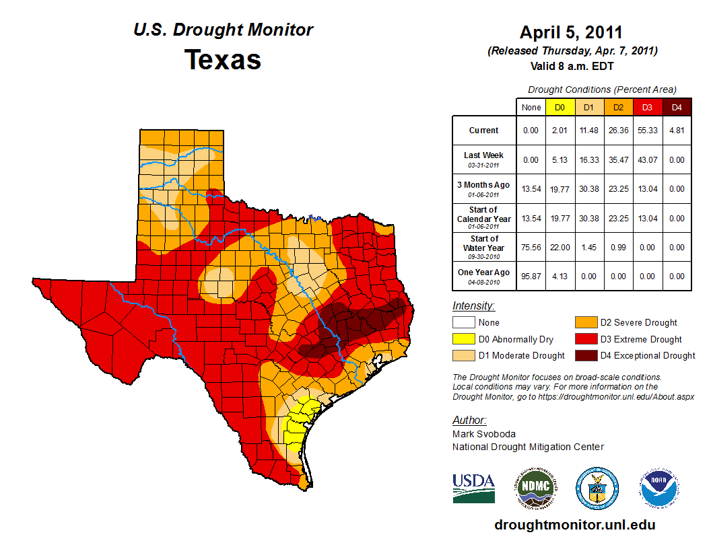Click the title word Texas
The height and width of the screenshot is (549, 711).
pyautogui.click(x=223, y=60)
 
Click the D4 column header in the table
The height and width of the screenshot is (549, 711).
pyautogui.click(x=677, y=107)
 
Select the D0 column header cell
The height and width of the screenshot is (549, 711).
pyautogui.click(x=560, y=107)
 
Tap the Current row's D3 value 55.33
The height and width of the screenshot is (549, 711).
pyautogui.click(x=647, y=131)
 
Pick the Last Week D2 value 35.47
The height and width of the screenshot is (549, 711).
pyautogui.click(x=618, y=159)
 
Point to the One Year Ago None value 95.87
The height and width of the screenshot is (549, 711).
pyautogui.click(x=531, y=276)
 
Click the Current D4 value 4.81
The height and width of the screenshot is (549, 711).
pyautogui.click(x=677, y=131)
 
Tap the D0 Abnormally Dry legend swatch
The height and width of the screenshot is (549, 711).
pyautogui.click(x=463, y=339)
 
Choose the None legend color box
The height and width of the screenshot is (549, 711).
pyautogui.click(x=463, y=323)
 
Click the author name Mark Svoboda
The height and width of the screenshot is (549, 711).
pyautogui.click(x=483, y=434)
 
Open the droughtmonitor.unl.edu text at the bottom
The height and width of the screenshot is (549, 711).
pyautogui.click(x=574, y=525)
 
